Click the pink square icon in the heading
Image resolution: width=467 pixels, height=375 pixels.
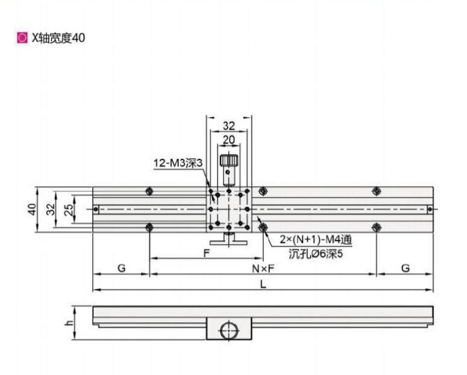pos(22,38)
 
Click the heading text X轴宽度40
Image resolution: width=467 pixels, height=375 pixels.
pos(58,38)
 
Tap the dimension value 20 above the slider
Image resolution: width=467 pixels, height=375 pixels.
pos(228,140)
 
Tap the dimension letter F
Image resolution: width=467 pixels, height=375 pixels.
pos(207,253)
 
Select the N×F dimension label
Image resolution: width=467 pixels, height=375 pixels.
pos(262,268)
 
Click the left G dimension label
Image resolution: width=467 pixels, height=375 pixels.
pos(121,268)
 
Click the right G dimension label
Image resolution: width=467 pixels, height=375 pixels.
pos(404,268)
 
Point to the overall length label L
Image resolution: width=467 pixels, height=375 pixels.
pos(262,285)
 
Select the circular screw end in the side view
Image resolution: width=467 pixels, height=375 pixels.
pos(228,330)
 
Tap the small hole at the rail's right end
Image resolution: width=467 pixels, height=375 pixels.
pos(430,209)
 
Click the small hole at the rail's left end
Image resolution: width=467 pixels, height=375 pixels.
pos(96,209)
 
